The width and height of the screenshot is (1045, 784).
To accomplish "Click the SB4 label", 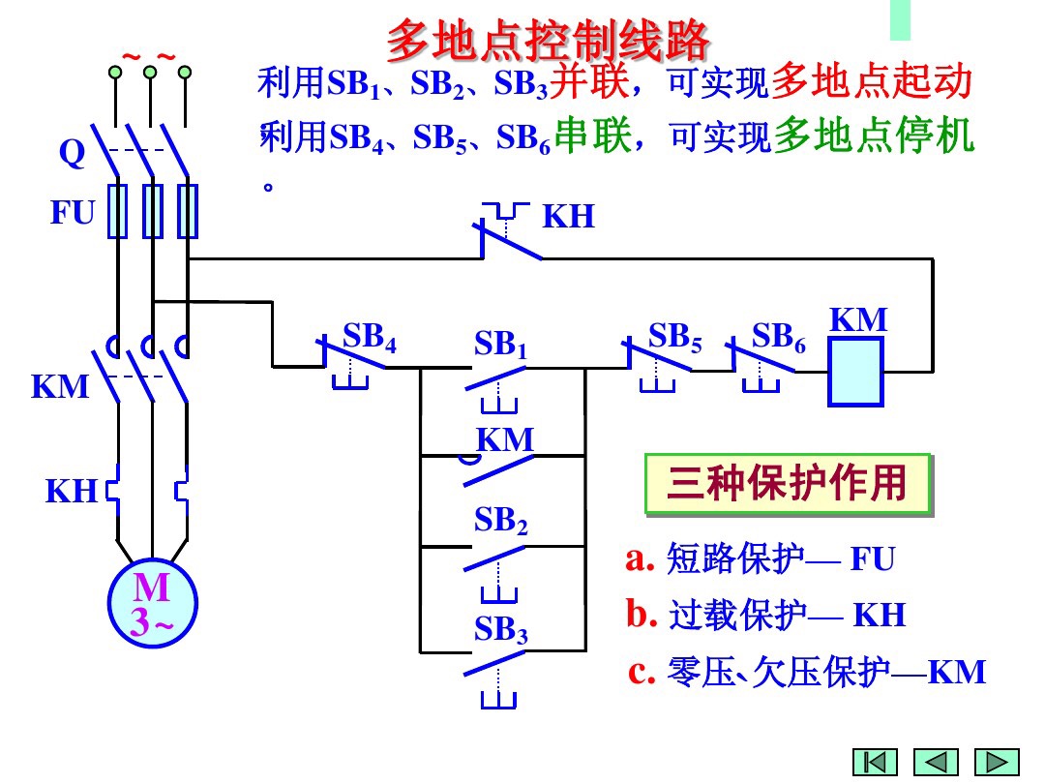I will point(370,337).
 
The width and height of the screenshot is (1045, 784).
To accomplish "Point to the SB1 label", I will point(500,345).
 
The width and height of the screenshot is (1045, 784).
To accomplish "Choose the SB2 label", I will point(500,522).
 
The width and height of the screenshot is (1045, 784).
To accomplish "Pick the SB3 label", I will point(500,630).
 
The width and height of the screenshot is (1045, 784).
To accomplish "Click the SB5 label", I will point(674,337).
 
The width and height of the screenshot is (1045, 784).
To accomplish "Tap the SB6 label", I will point(779,337).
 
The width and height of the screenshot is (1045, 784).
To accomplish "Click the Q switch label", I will point(72,153).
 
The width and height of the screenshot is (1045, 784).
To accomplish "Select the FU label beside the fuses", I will point(73,213).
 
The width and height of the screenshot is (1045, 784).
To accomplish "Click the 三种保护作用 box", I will point(788,483).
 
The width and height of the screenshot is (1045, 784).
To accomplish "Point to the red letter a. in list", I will point(641,558).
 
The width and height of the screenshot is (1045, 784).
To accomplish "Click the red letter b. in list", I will point(641,614).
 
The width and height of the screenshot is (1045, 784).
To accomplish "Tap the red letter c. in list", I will point(642,671).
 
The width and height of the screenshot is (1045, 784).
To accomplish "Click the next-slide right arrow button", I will point(997,762).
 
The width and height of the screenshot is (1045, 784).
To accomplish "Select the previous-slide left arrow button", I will point(936,762).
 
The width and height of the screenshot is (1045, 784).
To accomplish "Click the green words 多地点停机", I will point(874,136).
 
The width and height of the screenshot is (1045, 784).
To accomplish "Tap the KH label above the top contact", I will point(568,217).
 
